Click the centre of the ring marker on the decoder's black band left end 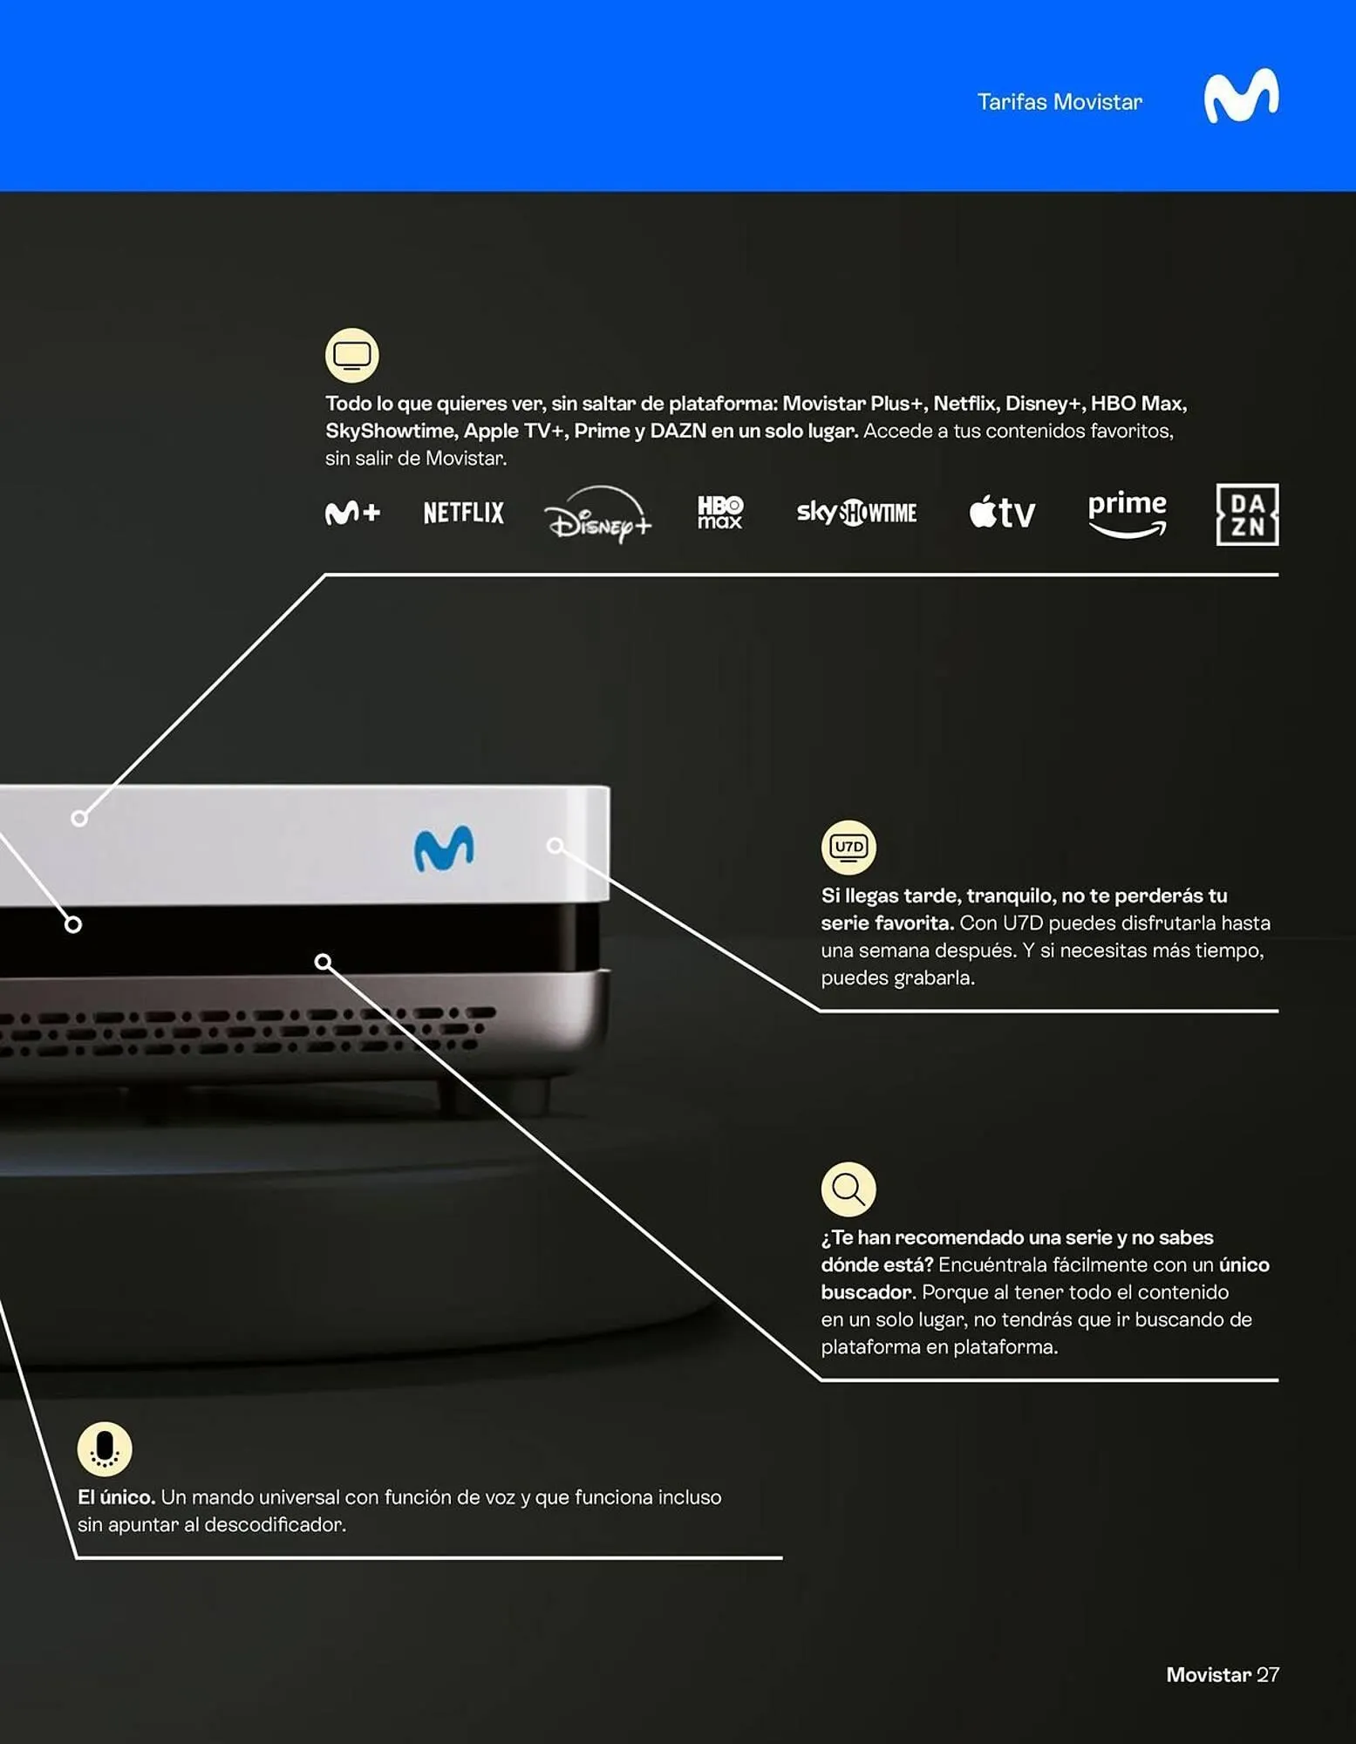pyautogui.click(x=73, y=924)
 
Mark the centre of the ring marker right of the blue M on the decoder pyautogui.click(x=555, y=845)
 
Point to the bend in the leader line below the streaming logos pyautogui.click(x=325, y=575)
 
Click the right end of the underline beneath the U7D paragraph pyautogui.click(x=1278, y=1011)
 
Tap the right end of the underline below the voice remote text pyautogui.click(x=781, y=1557)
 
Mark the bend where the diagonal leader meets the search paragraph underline pyautogui.click(x=821, y=1380)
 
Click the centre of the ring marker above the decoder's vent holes pyautogui.click(x=323, y=961)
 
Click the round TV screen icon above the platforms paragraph pyautogui.click(x=352, y=355)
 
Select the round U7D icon pyautogui.click(x=848, y=847)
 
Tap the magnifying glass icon pyautogui.click(x=848, y=1189)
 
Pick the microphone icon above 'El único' pyautogui.click(x=105, y=1449)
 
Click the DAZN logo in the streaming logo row pyautogui.click(x=1247, y=514)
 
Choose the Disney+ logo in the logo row pyautogui.click(x=598, y=514)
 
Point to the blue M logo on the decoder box pyautogui.click(x=444, y=848)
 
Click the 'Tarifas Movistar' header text pyautogui.click(x=1060, y=102)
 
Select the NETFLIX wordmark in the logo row pyautogui.click(x=464, y=513)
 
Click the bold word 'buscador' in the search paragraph pyautogui.click(x=866, y=1291)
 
